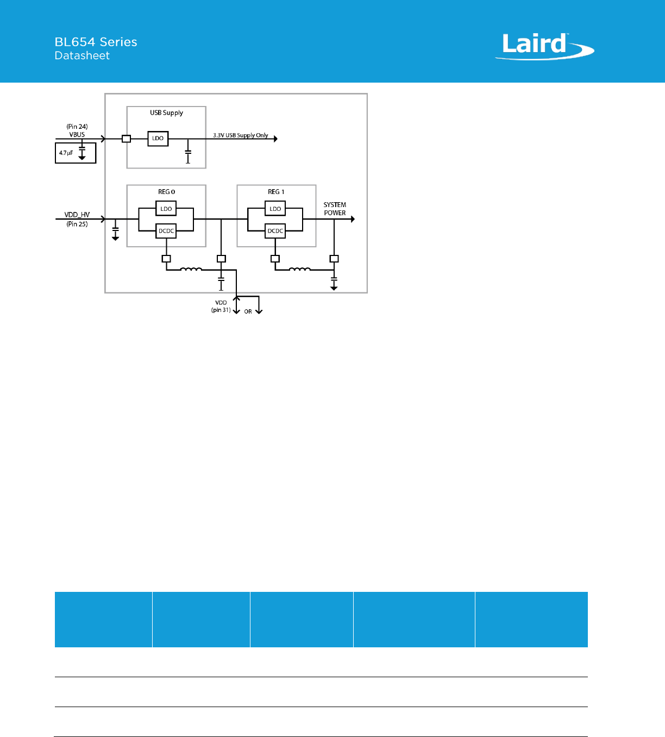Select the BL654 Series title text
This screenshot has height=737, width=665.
(96, 42)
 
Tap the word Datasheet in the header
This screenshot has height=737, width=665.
(82, 55)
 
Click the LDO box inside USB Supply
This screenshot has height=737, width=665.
(158, 139)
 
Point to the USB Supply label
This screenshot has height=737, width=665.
(166, 113)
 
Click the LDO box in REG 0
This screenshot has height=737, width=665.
(166, 209)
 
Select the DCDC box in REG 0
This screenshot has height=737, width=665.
(166, 231)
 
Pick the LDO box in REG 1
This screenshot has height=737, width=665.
(275, 209)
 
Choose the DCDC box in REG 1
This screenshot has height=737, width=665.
(275, 231)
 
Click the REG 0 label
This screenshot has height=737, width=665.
(166, 192)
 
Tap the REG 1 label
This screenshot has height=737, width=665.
(276, 192)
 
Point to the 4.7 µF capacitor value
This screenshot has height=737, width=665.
(66, 153)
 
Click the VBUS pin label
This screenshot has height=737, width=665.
(77, 135)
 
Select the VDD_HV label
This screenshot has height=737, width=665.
(77, 215)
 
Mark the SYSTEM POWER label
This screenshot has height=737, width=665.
(335, 209)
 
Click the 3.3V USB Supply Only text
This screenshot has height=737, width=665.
(240, 135)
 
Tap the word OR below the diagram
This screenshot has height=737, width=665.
(248, 311)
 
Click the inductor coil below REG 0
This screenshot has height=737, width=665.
(191, 269)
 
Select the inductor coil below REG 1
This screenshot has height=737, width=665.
(299, 269)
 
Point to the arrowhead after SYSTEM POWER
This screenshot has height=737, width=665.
(353, 219)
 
